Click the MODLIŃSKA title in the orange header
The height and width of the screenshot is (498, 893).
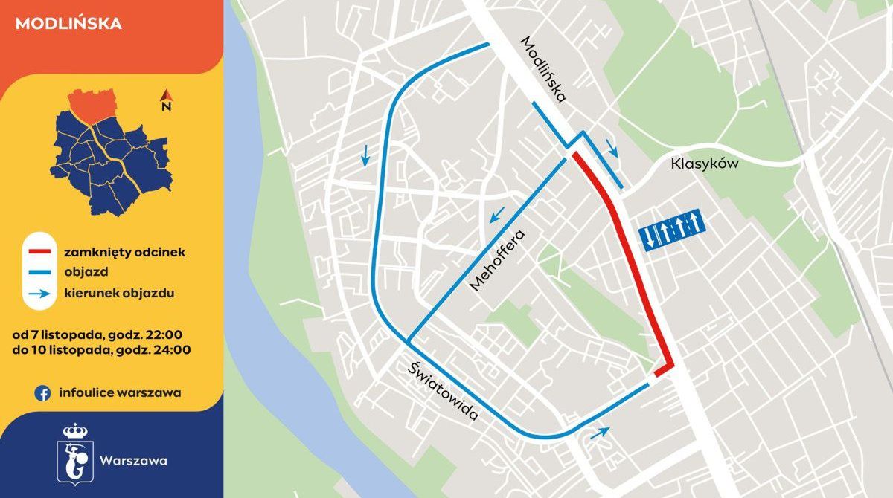pyautogui.click(x=68, y=23)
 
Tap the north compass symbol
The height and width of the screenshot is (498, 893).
pyautogui.click(x=167, y=100)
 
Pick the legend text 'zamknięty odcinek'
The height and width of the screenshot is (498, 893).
pyautogui.click(x=124, y=253)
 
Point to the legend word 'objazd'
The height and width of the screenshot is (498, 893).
pyautogui.click(x=86, y=273)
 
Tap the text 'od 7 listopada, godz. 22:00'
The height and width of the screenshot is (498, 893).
pyautogui.click(x=97, y=334)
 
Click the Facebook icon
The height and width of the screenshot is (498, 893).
pyautogui.click(x=42, y=393)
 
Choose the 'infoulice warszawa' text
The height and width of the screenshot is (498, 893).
pyautogui.click(x=120, y=393)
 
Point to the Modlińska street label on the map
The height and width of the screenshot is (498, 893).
pyautogui.click(x=544, y=69)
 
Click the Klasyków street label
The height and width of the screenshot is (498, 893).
pyautogui.click(x=704, y=164)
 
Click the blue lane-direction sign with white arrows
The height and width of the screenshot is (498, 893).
pyautogui.click(x=671, y=228)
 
